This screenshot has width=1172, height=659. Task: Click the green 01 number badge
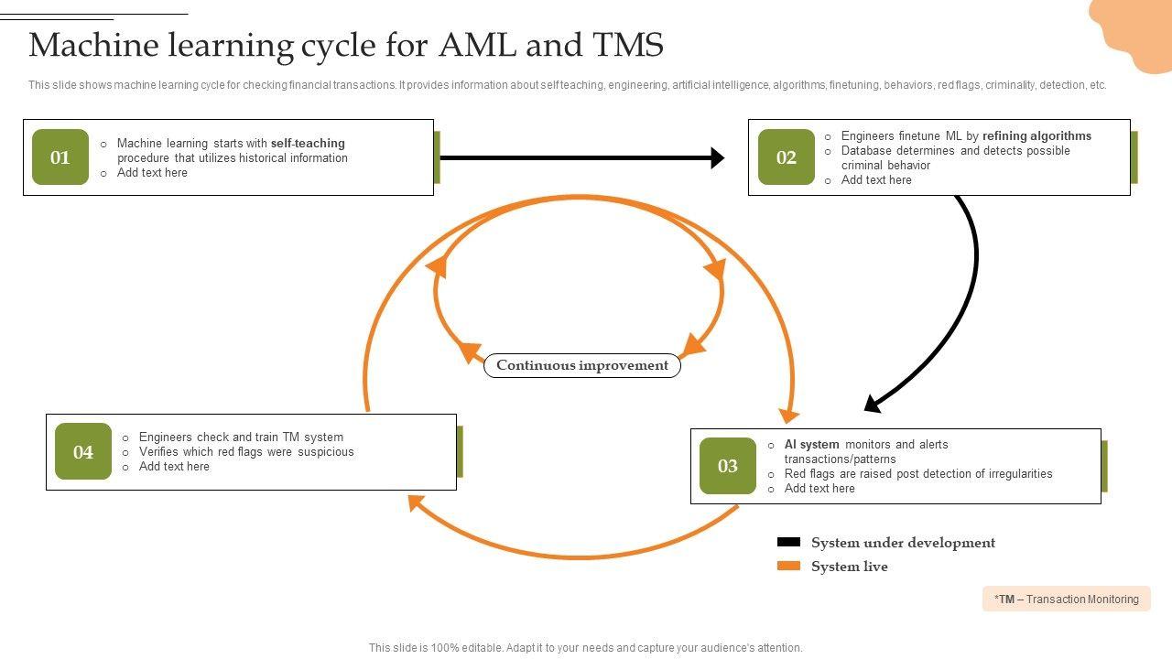click(60, 157)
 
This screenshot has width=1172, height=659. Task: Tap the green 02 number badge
click(787, 157)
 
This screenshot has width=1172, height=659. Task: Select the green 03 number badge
click(728, 466)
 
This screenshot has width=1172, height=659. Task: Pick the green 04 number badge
click(83, 451)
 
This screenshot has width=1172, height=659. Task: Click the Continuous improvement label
click(582, 365)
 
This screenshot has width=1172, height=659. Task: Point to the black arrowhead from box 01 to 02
click(717, 158)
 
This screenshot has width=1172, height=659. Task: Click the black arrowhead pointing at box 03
click(873, 403)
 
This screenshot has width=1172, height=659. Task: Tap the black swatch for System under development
click(788, 543)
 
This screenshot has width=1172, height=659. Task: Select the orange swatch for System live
click(788, 567)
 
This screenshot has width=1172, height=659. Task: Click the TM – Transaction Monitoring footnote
click(1067, 600)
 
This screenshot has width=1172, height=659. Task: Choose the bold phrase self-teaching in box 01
click(308, 144)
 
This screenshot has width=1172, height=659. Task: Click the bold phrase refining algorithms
click(1036, 136)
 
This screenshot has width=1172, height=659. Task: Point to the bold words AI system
click(811, 445)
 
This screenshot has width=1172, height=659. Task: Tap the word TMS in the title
click(627, 45)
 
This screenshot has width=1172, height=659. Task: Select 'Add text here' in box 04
click(174, 467)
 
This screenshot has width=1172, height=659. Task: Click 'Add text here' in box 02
click(876, 180)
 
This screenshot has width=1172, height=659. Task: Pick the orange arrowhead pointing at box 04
click(416, 502)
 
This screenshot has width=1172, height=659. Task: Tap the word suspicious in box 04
click(325, 452)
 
